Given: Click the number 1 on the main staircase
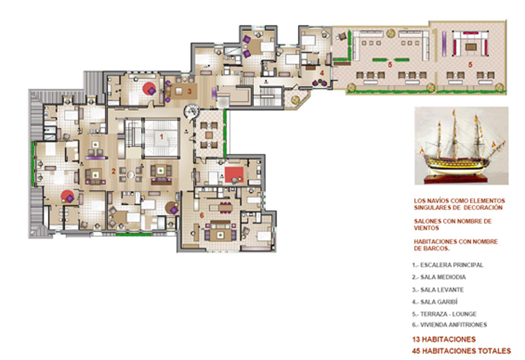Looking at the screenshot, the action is [x=161, y=137].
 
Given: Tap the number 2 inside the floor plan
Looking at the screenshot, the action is [x=114, y=171].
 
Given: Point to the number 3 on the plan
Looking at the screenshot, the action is [x=189, y=91].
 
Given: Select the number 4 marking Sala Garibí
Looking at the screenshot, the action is [x=322, y=72].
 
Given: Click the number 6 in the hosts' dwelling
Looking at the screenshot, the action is [x=202, y=216].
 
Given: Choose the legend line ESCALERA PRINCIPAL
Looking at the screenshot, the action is [x=448, y=265].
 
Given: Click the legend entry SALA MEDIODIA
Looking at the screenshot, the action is [x=438, y=277].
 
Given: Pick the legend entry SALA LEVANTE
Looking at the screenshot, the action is [x=438, y=290].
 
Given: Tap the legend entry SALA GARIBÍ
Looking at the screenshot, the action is [x=434, y=302].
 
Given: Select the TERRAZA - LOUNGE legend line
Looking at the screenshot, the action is [x=444, y=314].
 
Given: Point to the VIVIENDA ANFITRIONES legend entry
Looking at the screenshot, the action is [x=450, y=325].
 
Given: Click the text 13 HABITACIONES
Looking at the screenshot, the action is [x=444, y=339].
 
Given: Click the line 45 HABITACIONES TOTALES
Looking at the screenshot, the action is [x=461, y=351].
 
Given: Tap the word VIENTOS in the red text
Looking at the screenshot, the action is [x=427, y=228].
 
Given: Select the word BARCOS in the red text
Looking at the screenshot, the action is [x=436, y=249].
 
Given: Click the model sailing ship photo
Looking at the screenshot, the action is [x=461, y=146].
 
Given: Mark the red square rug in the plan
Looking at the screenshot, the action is [x=234, y=175].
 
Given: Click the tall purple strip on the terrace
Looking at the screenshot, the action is [x=444, y=44].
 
